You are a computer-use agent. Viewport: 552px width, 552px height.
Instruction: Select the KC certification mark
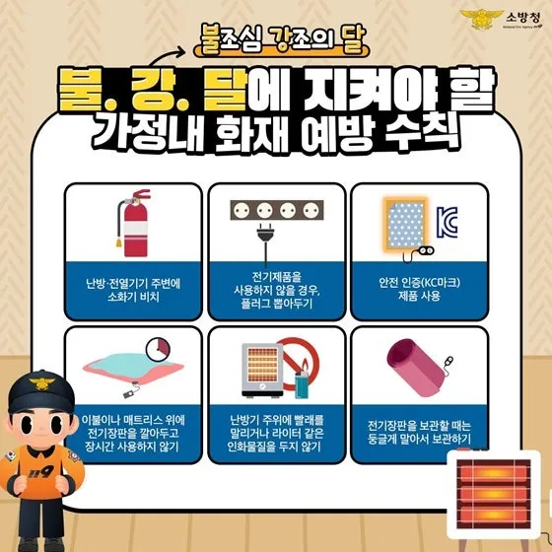click(x=448, y=222)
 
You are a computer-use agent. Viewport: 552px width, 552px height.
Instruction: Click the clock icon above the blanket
click(x=158, y=350)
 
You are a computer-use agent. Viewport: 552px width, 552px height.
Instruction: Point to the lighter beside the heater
click(x=301, y=384)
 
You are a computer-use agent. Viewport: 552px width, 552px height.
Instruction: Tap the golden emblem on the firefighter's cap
click(x=41, y=382)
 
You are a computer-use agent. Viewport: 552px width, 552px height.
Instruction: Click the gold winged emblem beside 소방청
click(x=482, y=20)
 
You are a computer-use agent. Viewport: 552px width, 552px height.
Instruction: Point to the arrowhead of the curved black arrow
click(x=181, y=51)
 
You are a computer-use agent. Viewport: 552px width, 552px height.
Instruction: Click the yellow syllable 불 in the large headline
click(x=80, y=89)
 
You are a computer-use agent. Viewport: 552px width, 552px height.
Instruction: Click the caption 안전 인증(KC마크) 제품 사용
click(x=419, y=290)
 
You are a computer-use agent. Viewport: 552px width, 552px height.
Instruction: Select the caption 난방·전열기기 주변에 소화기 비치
click(x=133, y=290)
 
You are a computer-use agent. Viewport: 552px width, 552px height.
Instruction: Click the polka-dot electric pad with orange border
click(x=405, y=225)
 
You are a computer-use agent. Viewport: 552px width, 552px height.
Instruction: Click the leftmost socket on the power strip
click(x=241, y=211)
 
